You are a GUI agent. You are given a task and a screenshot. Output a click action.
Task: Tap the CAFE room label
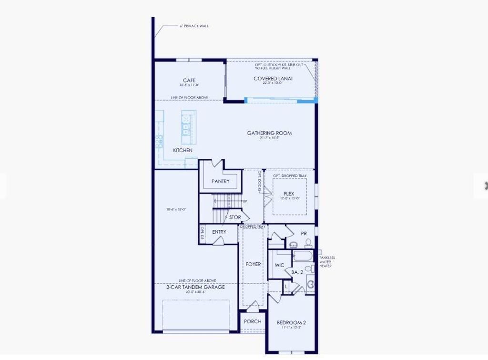(x=189, y=80)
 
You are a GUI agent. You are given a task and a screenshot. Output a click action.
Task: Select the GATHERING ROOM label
(x=269, y=133)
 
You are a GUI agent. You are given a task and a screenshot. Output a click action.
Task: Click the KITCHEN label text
(x=183, y=150)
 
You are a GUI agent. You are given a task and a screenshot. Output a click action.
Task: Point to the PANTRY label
(x=221, y=181)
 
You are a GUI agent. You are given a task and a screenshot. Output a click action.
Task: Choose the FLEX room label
(x=289, y=194)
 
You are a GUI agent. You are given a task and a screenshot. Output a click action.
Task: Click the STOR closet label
(x=235, y=217)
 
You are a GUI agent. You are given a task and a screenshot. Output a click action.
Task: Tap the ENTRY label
(x=219, y=232)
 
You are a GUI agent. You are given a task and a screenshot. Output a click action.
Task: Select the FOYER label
(x=253, y=264)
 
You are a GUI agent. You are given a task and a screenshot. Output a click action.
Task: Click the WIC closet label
(x=280, y=265)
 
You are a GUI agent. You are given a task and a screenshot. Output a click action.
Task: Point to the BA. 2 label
(x=297, y=272)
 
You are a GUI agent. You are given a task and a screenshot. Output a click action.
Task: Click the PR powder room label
(x=304, y=233)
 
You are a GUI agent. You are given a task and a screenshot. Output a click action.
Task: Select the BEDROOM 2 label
(x=291, y=322)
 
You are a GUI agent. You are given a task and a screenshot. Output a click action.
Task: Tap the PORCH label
(x=253, y=321)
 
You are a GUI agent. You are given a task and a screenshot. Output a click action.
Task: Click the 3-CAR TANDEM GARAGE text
(x=195, y=287)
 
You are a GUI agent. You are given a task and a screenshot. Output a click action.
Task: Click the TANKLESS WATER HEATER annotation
(x=327, y=262)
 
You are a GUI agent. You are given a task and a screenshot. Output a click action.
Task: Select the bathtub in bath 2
(x=301, y=256)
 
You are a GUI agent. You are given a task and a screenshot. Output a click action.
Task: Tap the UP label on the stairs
(x=245, y=201)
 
